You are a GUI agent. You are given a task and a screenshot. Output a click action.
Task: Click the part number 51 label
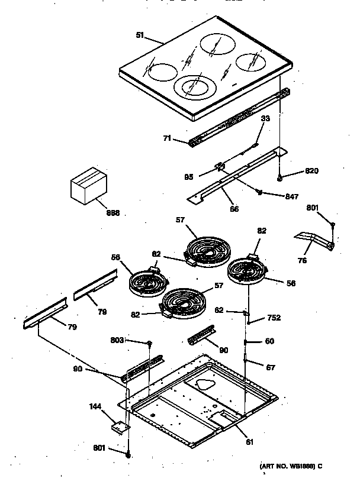point(140,35)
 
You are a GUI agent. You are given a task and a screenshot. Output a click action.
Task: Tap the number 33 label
point(265,119)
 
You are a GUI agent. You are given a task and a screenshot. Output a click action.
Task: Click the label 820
point(312,171)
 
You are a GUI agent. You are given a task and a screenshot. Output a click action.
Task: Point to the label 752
point(273,318)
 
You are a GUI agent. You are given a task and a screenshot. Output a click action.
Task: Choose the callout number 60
point(269,341)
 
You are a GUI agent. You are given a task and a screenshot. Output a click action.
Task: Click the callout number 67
point(270,367)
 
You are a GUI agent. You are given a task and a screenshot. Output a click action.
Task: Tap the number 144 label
point(95,408)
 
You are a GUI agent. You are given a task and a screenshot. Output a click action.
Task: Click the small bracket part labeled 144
point(120,425)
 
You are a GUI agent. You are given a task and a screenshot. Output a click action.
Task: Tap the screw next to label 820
point(281,176)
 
